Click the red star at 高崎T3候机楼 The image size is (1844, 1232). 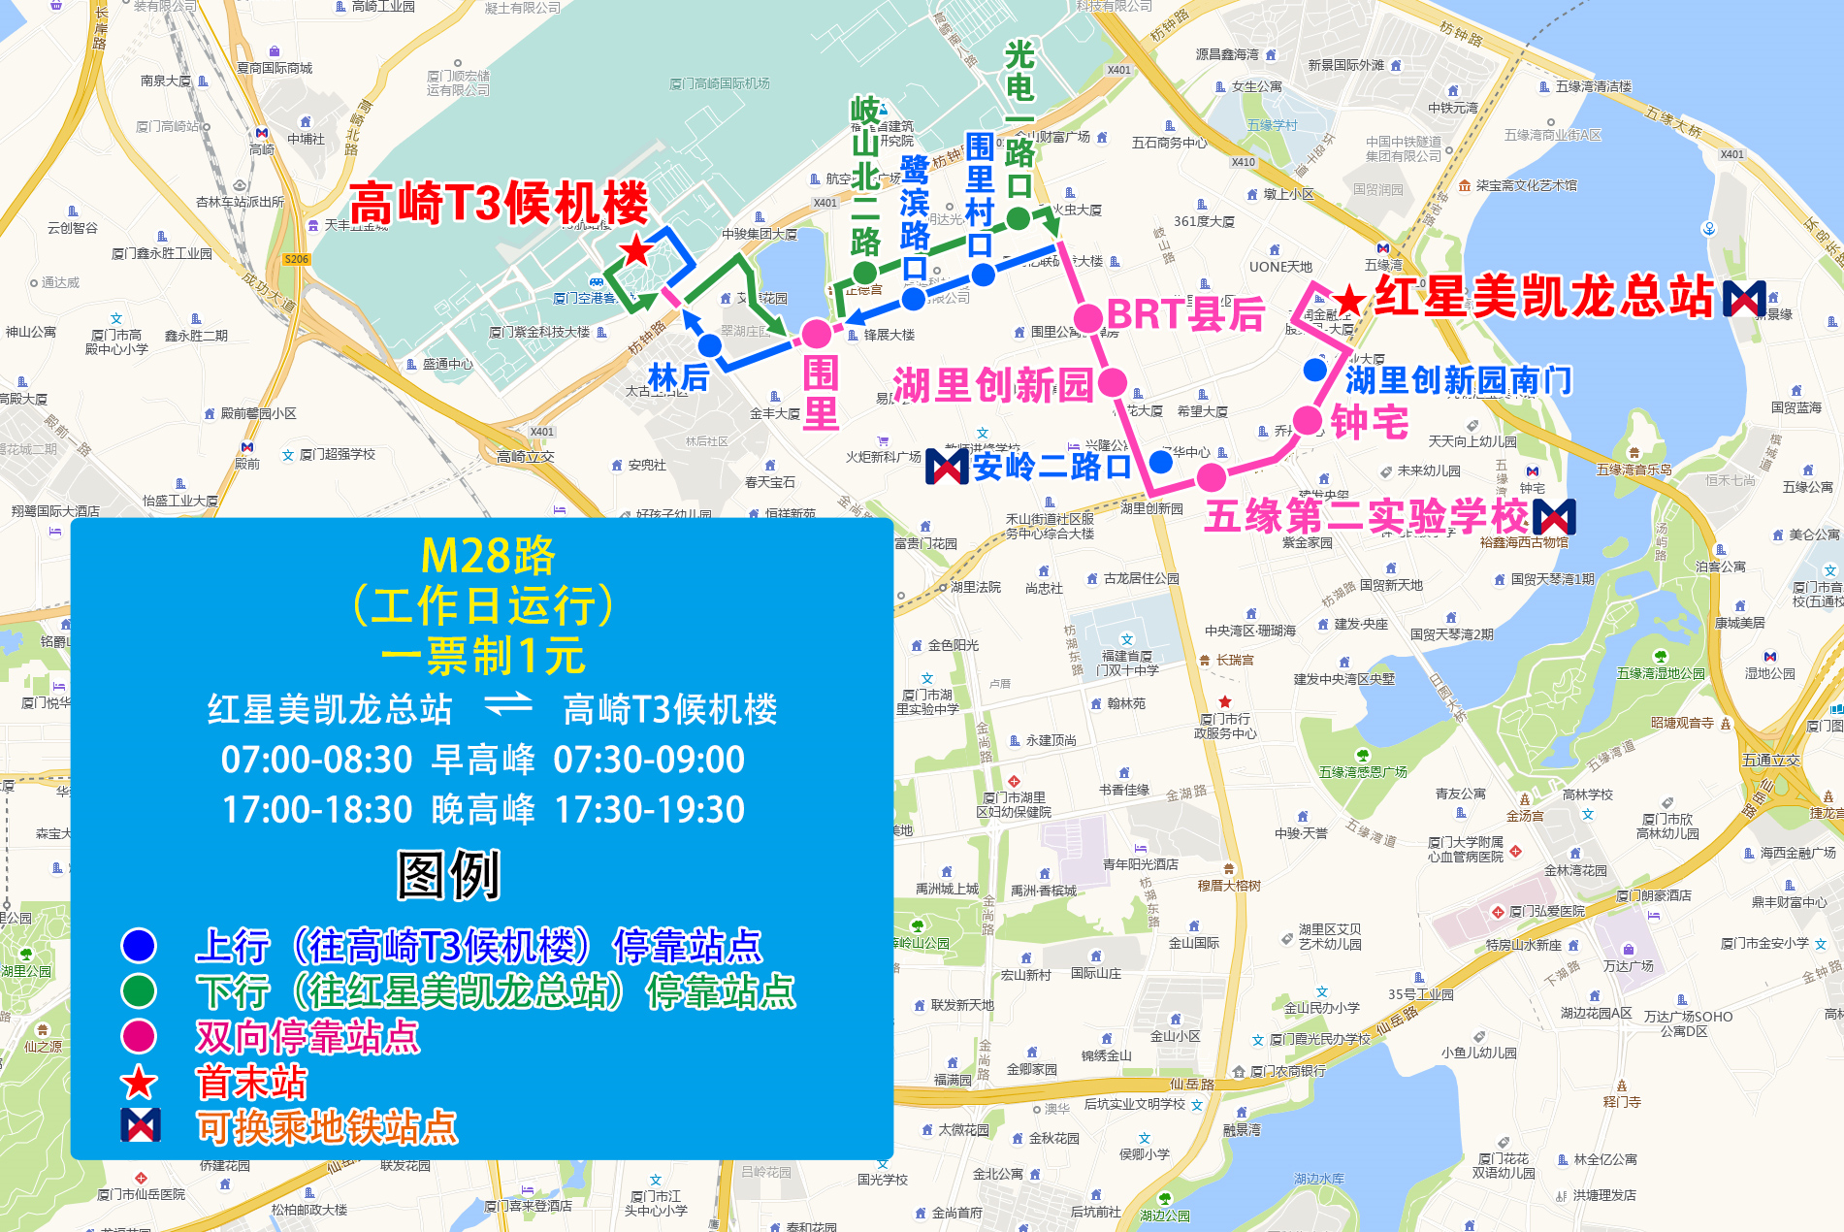[x=636, y=251]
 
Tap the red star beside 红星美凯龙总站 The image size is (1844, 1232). [x=1348, y=301]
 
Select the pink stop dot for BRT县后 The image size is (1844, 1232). [x=1089, y=317]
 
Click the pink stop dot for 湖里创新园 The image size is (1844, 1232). [x=1113, y=383]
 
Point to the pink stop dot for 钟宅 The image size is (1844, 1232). [x=1308, y=421]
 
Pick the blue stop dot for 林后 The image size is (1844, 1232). [x=710, y=345]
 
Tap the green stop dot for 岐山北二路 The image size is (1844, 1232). [x=865, y=272]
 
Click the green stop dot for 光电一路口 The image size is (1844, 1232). [x=1018, y=219]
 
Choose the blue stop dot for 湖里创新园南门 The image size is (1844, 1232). [x=1315, y=370]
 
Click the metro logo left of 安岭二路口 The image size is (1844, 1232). [x=947, y=467]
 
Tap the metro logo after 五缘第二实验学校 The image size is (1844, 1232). [x=1554, y=517]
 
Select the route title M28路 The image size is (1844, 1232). [x=488, y=556]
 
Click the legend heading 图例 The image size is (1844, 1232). [x=449, y=875]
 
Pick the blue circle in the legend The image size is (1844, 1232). [x=139, y=945]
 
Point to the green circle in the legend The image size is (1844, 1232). [x=139, y=990]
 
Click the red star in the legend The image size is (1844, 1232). [x=139, y=1082]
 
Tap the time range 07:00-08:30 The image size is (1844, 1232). [x=317, y=760]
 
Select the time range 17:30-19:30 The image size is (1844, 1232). [x=649, y=810]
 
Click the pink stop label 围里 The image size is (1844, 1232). [x=821, y=393]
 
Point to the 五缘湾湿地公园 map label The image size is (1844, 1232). [x=1660, y=672]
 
